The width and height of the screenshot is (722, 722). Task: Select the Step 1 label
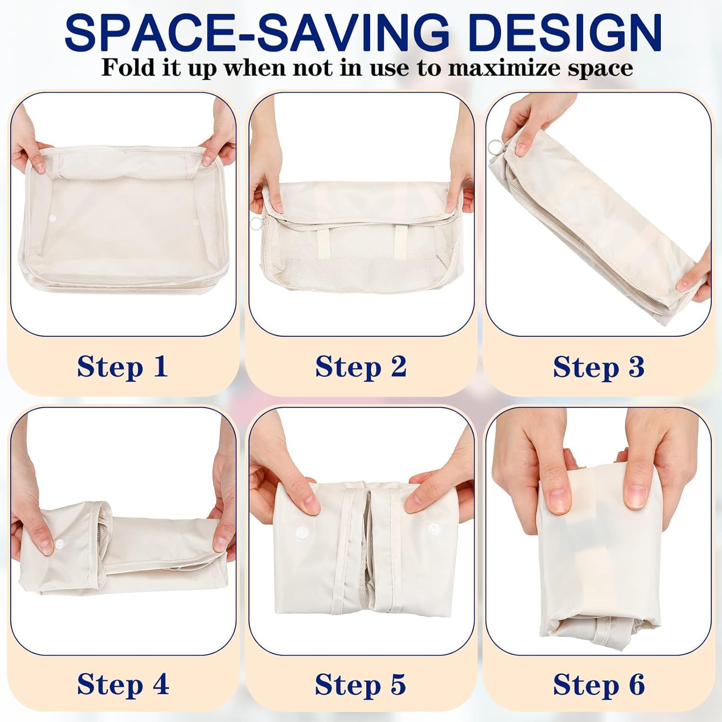[x=123, y=367]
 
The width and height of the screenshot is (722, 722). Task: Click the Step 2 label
[x=361, y=367]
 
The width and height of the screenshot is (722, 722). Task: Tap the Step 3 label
[x=599, y=367]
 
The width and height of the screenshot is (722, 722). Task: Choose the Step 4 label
[x=123, y=684]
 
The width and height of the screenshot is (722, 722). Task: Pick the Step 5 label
[x=361, y=684]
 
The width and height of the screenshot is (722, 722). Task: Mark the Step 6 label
[x=599, y=684]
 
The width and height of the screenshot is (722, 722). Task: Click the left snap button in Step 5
[x=302, y=533]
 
